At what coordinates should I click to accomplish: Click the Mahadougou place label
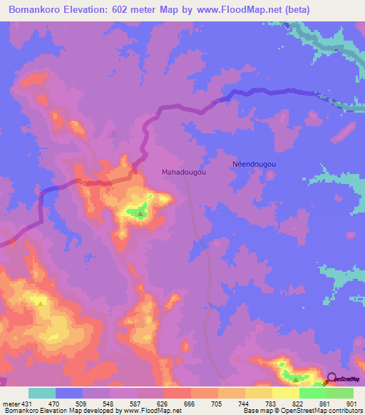(184, 173)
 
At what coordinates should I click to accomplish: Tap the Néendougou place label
(255, 163)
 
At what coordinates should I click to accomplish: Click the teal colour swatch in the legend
(42, 393)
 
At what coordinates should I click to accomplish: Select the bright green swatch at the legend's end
(340, 393)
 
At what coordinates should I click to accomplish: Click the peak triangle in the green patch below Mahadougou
(141, 212)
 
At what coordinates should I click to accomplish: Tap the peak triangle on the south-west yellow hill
(41, 302)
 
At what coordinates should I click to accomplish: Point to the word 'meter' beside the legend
(11, 404)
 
